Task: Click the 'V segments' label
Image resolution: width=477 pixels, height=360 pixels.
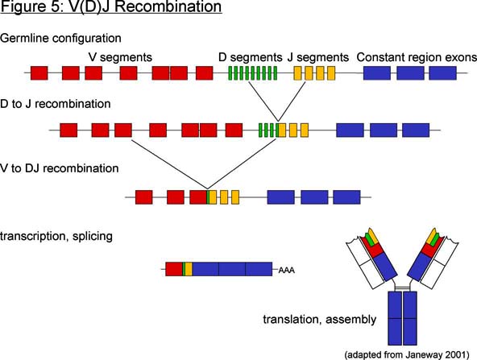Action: click(120, 57)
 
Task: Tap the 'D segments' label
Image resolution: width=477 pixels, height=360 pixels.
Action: click(251, 57)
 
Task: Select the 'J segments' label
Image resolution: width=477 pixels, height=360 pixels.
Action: click(318, 57)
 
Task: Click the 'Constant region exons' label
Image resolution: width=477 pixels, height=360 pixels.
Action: click(417, 57)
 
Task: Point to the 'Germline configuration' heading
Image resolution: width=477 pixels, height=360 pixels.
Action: click(60, 39)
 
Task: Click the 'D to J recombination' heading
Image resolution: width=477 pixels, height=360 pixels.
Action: click(56, 104)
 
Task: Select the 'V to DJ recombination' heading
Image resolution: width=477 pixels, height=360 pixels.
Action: click(60, 168)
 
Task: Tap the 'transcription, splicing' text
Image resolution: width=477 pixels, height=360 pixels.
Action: click(56, 236)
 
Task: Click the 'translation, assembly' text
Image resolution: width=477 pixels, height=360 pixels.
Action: click(320, 320)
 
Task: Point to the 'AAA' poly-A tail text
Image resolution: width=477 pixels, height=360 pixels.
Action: click(287, 270)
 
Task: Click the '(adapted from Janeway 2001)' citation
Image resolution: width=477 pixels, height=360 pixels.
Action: click(407, 355)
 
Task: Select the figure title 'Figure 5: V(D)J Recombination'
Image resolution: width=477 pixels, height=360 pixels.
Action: click(110, 6)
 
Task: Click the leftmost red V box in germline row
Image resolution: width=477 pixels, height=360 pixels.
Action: click(39, 73)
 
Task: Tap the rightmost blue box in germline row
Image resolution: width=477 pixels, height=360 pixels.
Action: click(442, 73)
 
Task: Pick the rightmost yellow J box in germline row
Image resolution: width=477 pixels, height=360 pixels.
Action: click(331, 73)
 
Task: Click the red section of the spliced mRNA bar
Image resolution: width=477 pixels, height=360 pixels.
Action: click(174, 269)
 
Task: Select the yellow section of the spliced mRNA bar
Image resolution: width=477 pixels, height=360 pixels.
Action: click(189, 269)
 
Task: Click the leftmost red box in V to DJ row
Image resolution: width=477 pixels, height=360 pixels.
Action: click(144, 197)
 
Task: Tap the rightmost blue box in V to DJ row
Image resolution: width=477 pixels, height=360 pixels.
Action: click(346, 197)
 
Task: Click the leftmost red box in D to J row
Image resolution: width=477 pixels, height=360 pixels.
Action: click(68, 130)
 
